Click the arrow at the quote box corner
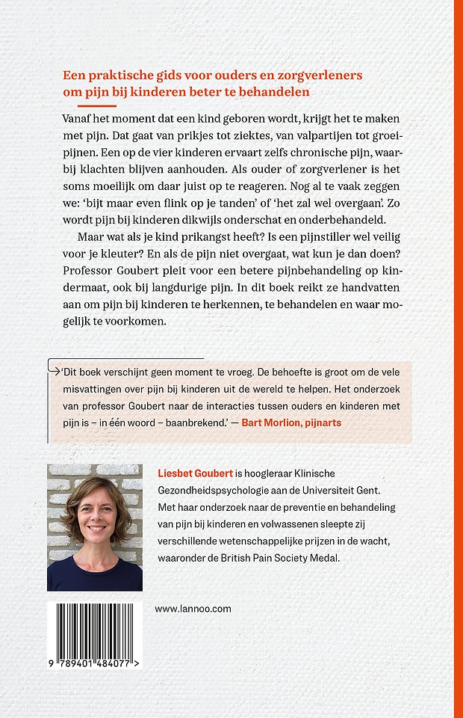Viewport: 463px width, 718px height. tap(52, 366)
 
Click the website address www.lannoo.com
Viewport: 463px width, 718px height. tap(193, 609)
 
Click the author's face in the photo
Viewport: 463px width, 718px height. tap(93, 516)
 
